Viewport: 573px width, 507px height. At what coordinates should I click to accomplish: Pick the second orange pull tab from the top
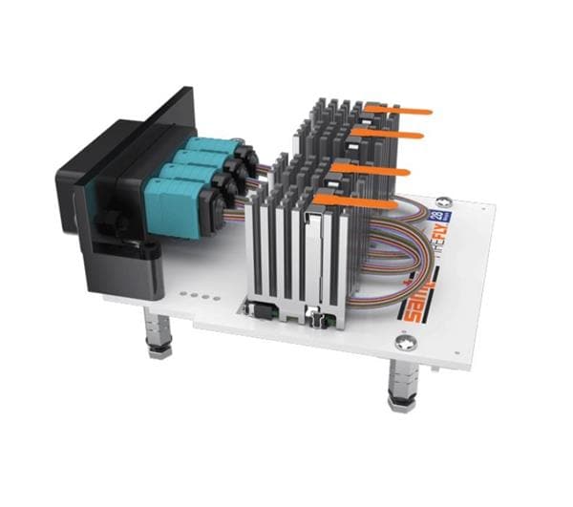coord(387,135)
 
